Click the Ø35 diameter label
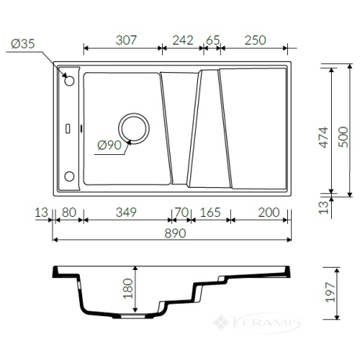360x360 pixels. coord(23,44)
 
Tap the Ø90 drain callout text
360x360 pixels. coord(110,145)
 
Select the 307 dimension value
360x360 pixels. coord(126,40)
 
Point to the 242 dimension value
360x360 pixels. coord(182,40)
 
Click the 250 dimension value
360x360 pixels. coord(255,40)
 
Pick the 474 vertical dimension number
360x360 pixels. coord(324,137)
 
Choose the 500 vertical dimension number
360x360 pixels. coord(343,137)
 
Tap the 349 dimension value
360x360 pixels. coord(126,212)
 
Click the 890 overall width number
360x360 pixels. coord(175,233)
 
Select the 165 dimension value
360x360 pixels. coord(211,212)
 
